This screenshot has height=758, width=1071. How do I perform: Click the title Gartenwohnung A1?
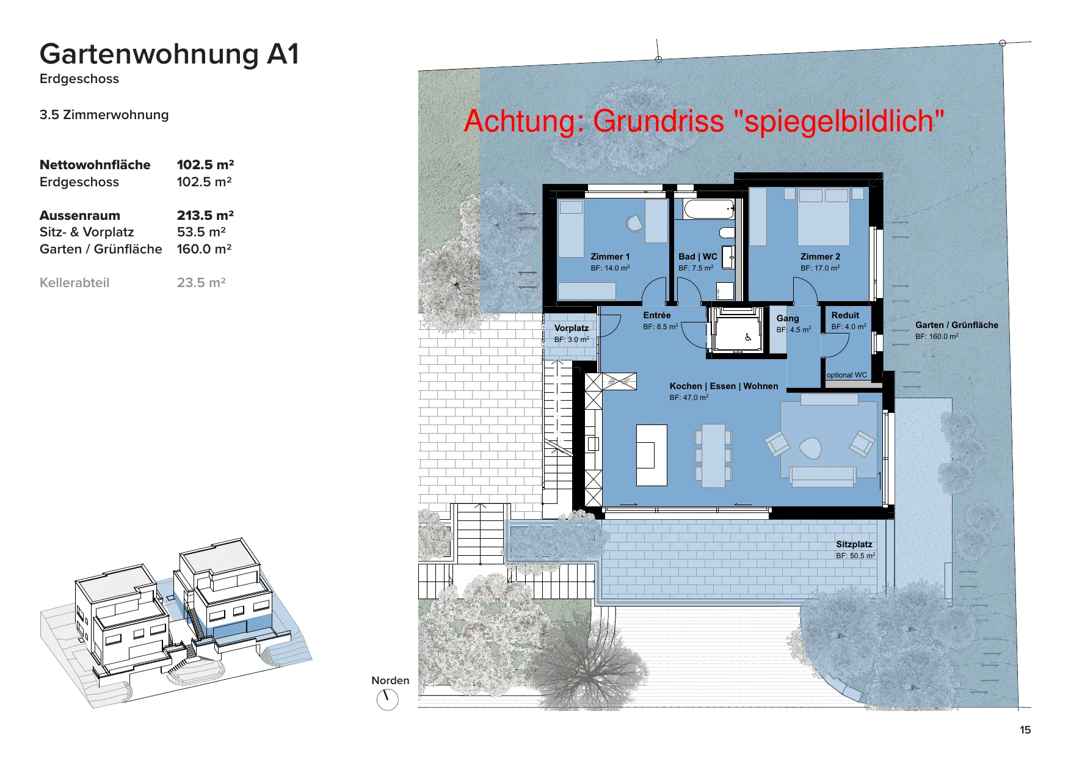[169, 54]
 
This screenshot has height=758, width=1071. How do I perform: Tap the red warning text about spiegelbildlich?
[704, 120]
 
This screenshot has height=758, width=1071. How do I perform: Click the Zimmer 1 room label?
[610, 257]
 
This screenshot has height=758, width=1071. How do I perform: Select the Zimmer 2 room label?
[820, 257]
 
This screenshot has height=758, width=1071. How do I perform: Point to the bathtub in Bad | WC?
[709, 210]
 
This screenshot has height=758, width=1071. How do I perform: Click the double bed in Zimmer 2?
[823, 217]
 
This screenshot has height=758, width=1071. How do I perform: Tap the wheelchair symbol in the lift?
[748, 337]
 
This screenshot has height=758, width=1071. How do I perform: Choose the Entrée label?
[657, 315]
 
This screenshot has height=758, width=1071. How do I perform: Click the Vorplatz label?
[572, 328]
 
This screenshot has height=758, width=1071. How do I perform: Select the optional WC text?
[847, 375]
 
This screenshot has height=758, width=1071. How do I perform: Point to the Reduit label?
[845, 315]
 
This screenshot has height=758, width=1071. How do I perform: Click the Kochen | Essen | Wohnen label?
[724, 386]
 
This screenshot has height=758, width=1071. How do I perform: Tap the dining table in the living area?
[713, 456]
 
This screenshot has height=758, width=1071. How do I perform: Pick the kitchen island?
[652, 455]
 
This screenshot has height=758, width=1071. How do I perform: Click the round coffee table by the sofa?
[810, 448]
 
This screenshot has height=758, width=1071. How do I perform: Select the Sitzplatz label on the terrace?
[854, 544]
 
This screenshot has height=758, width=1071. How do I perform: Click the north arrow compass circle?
[388, 699]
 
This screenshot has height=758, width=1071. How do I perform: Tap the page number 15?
[1025, 730]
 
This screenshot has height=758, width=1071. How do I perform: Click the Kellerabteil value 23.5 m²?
[201, 283]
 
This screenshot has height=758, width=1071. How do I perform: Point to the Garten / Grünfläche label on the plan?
[957, 325]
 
